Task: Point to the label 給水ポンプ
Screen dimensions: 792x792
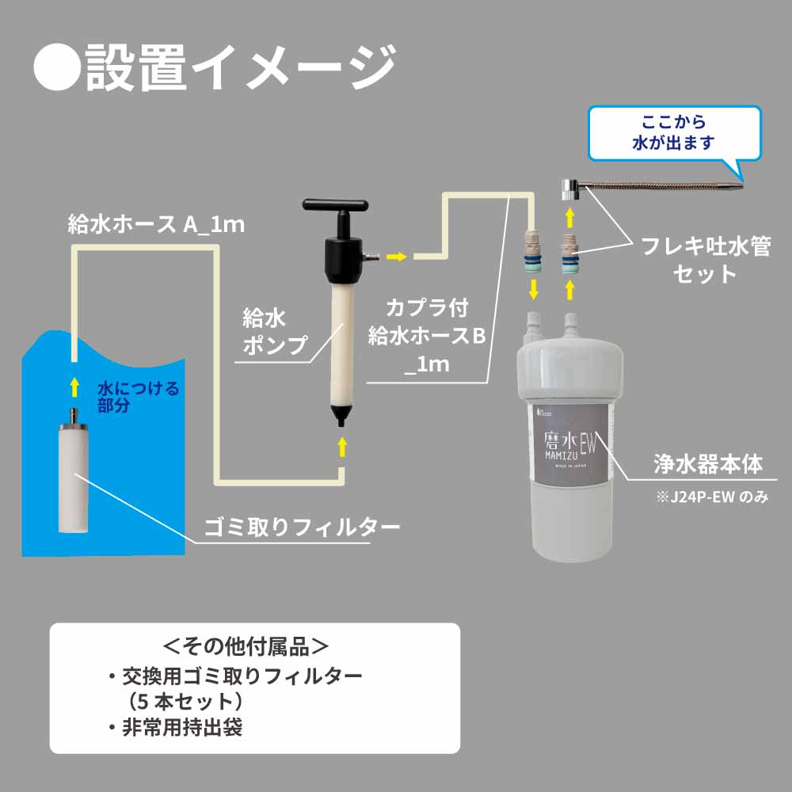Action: pos(265,332)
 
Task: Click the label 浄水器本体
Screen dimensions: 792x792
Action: pos(709,464)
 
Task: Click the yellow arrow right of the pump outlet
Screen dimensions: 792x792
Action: pos(397,256)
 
